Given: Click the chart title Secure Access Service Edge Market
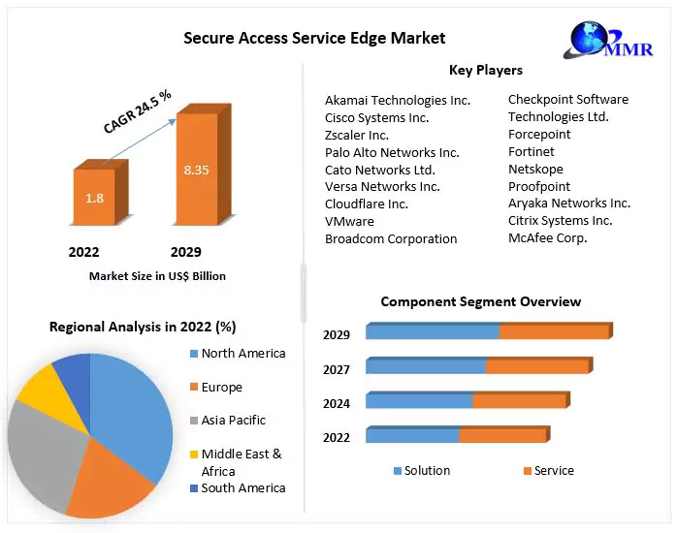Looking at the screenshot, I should coord(314,38).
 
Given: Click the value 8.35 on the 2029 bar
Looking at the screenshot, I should coord(196,171).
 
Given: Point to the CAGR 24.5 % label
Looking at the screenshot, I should coord(138,110).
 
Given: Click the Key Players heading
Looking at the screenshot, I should coord(485,70).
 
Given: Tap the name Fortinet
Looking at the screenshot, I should coord(532,151).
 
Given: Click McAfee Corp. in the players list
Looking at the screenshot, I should coord(547,237).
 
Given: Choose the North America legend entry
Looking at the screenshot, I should coord(242,354).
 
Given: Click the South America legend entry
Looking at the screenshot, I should coord(242,487).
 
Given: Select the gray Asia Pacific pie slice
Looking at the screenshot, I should coord(44,446).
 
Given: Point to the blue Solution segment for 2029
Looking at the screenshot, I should coord(433,332).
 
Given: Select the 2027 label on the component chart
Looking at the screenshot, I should coord(337,368).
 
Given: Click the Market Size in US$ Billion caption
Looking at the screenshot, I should coord(157,276).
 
